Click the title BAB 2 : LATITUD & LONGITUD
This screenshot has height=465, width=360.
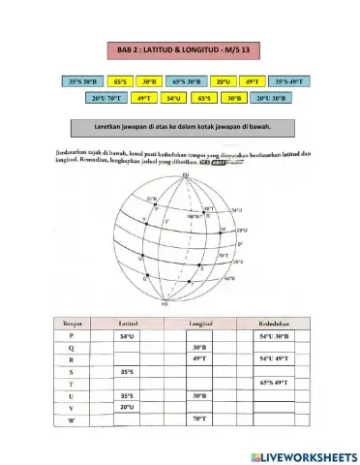click(x=180, y=47)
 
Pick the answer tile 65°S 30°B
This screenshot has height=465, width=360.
click(x=185, y=82)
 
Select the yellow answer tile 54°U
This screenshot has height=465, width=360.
click(x=173, y=98)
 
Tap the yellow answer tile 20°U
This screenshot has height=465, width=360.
click(x=222, y=82)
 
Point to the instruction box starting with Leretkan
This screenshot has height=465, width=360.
click(x=180, y=127)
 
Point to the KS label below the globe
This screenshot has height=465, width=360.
click(x=179, y=304)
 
